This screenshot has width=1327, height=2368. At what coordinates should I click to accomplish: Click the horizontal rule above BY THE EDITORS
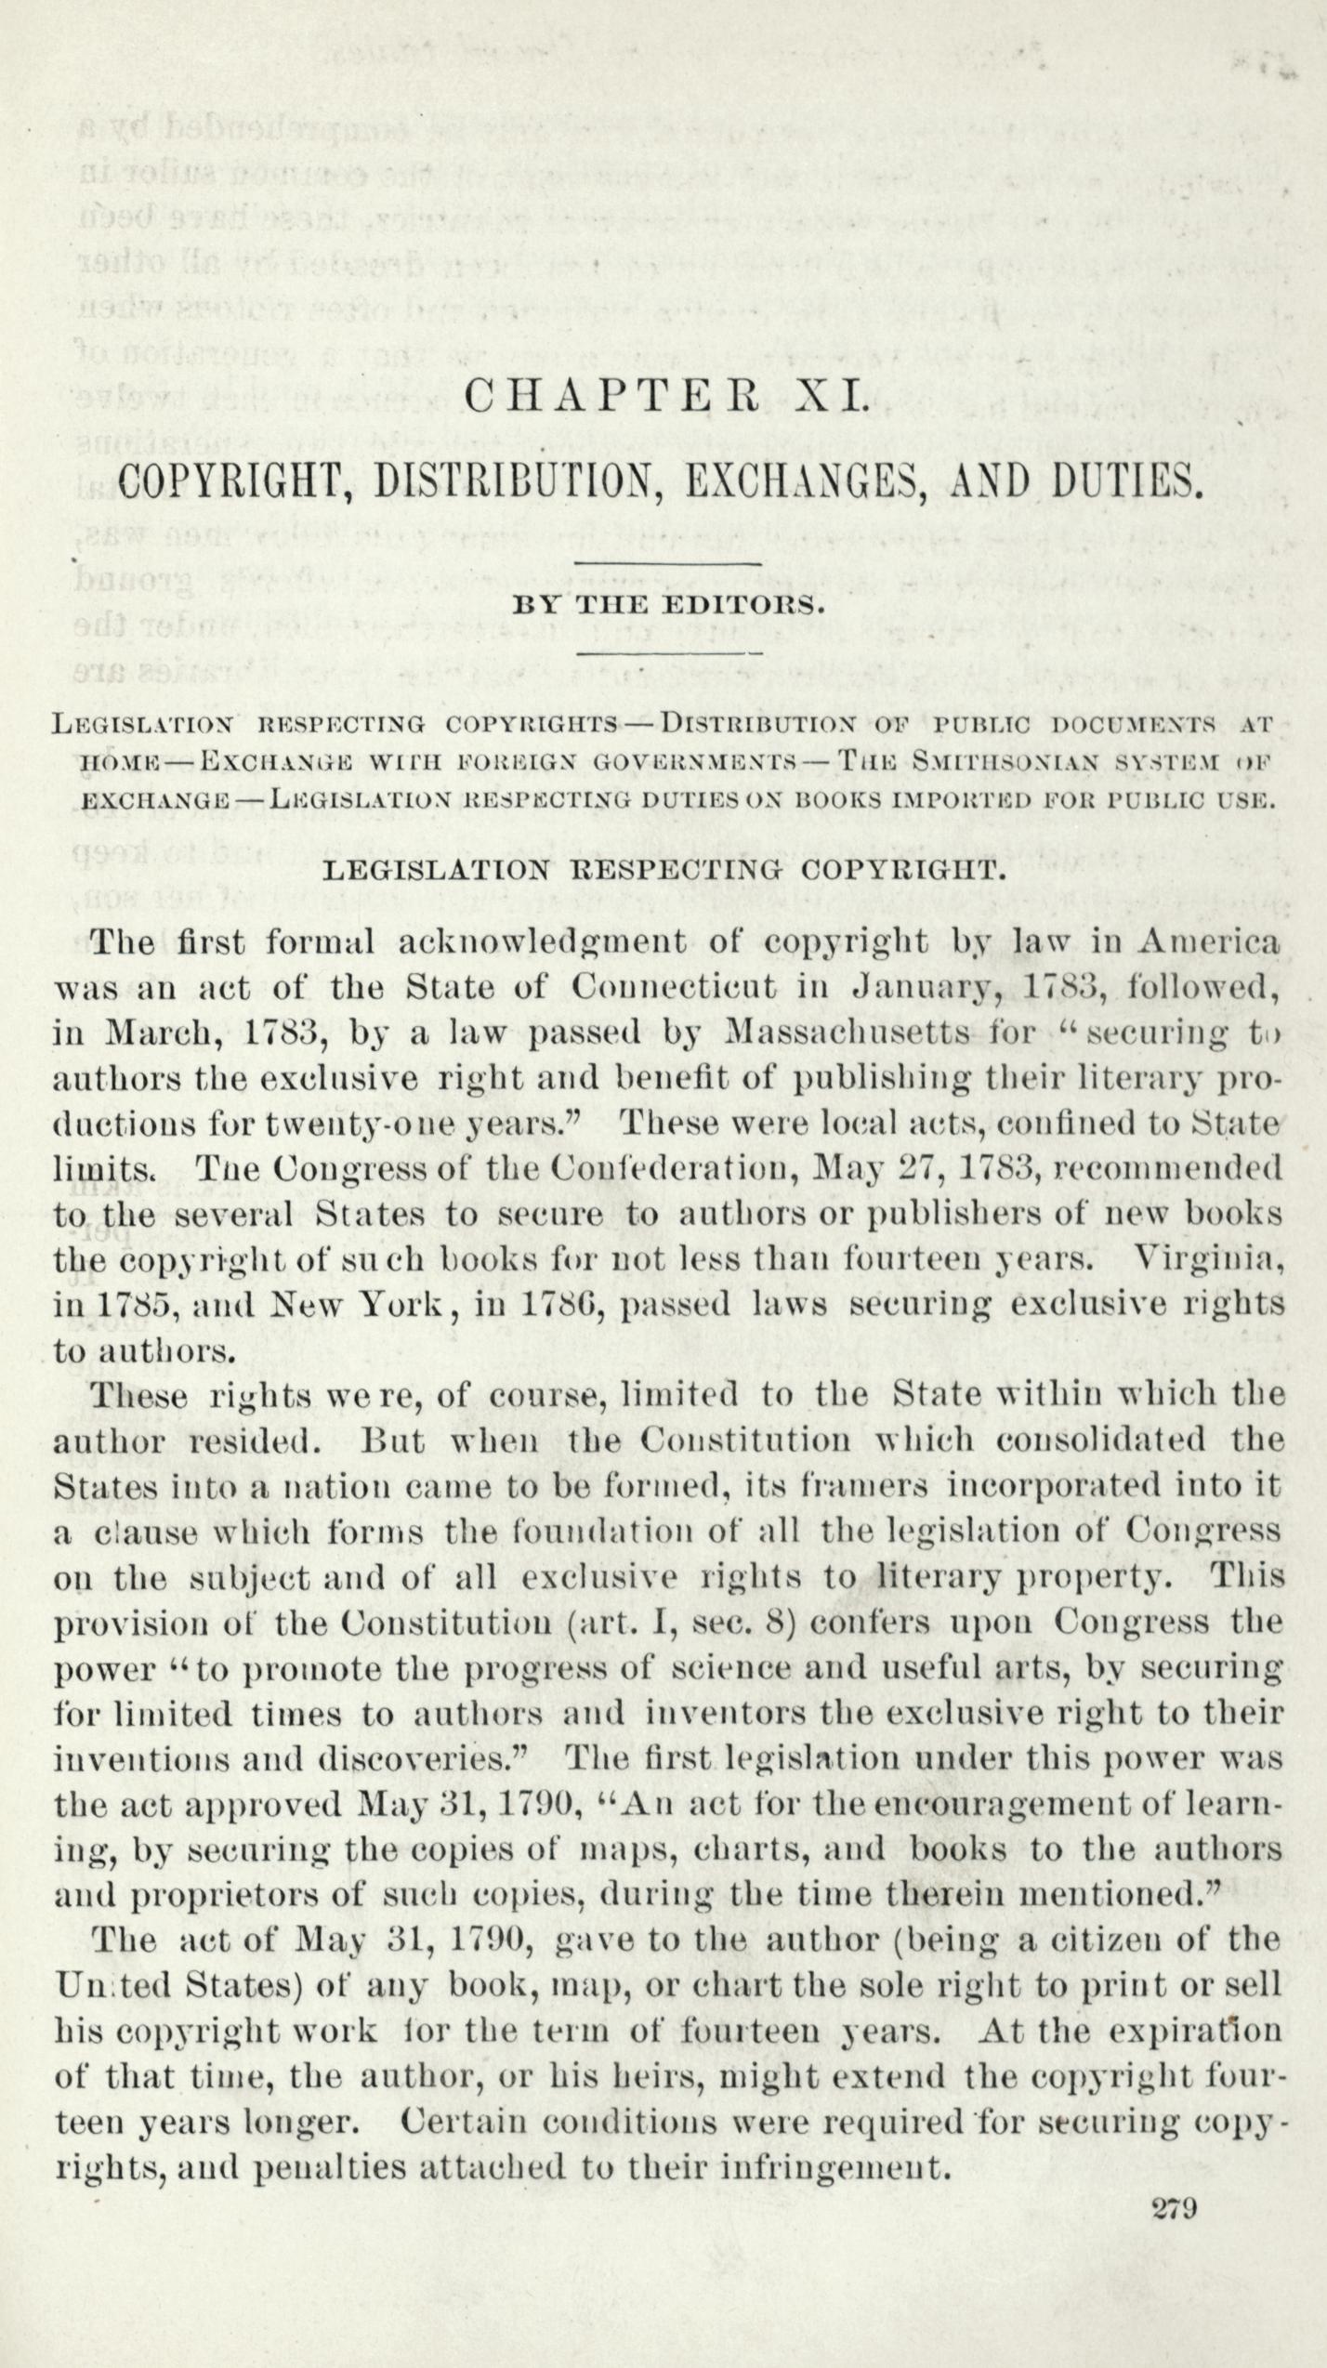click(x=668, y=564)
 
